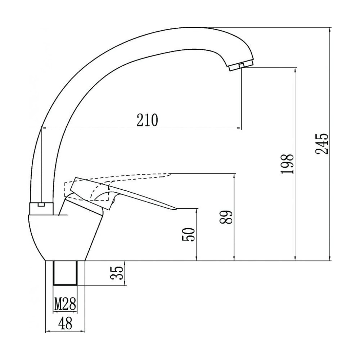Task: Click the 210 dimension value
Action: (x=147, y=120)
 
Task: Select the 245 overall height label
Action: (x=322, y=144)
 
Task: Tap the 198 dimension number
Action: (x=287, y=164)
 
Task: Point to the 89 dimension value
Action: (x=226, y=217)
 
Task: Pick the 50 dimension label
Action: (x=188, y=234)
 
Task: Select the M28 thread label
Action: (x=65, y=303)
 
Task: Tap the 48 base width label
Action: (x=65, y=323)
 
